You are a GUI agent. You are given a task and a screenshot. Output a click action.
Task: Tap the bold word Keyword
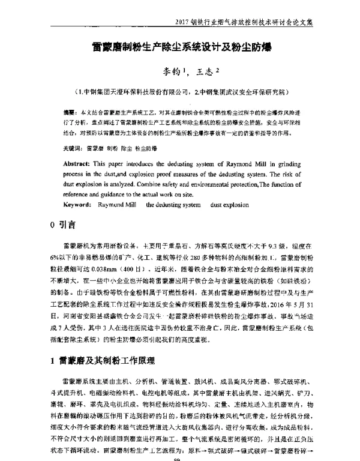click(x=81, y=205)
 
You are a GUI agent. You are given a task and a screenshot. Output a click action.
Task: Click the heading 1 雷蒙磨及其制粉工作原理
click(x=104, y=361)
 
